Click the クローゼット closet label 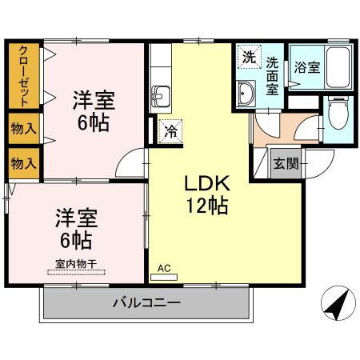[x=24, y=76]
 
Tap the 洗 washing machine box [x=249, y=57]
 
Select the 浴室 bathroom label [x=307, y=68]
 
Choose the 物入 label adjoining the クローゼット [x=24, y=128]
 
